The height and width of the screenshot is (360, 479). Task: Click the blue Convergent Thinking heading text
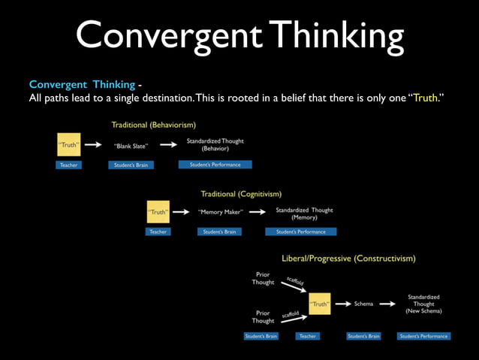[x=81, y=84]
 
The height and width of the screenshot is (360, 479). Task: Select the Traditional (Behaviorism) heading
[x=154, y=124]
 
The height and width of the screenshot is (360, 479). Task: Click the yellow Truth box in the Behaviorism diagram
[x=68, y=144]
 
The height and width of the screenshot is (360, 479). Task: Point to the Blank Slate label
[x=131, y=146]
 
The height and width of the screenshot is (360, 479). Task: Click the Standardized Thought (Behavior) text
[x=215, y=145]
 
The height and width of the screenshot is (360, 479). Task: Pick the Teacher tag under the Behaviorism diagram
[x=68, y=165]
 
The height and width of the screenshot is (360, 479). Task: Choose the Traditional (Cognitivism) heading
[x=241, y=194]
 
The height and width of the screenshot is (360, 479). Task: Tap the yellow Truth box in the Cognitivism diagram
[x=158, y=211]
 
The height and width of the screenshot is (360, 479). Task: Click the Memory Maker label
[x=219, y=212]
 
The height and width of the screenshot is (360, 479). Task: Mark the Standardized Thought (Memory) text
[x=304, y=213]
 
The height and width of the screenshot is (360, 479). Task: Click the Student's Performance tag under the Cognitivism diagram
[x=300, y=231]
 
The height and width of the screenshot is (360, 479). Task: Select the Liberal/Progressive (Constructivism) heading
[x=348, y=258]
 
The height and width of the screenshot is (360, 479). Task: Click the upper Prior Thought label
[x=263, y=279]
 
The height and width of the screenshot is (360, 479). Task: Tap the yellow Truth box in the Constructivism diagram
[x=320, y=304]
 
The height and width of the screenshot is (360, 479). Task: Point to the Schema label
[x=363, y=304]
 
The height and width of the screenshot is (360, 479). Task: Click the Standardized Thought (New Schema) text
[x=423, y=304]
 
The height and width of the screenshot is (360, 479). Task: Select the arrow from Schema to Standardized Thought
[x=387, y=304]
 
